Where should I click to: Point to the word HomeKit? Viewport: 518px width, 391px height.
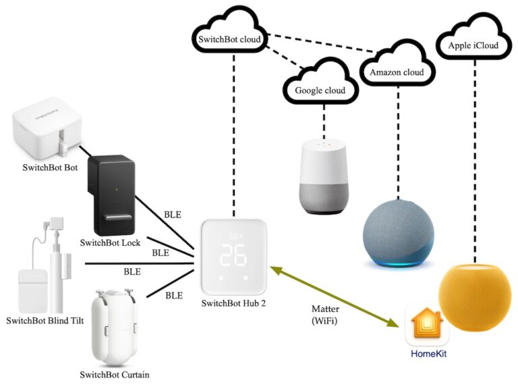(x=429, y=353)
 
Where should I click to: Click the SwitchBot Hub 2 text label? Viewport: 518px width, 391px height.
(x=233, y=303)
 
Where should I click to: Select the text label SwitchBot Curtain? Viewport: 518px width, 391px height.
(x=115, y=374)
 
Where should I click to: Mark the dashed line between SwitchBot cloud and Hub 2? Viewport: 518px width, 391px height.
(x=234, y=135)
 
